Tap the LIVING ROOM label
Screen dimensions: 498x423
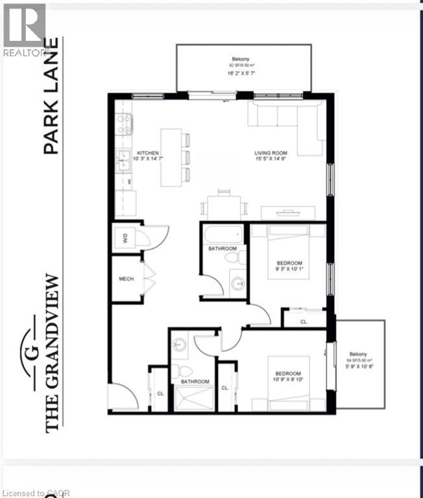tap(270, 154)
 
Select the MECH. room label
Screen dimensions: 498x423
tap(127, 279)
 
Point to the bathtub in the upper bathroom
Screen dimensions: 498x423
tap(222, 233)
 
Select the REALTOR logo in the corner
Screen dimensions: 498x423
tap(24, 29)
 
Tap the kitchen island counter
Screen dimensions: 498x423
tap(171, 156)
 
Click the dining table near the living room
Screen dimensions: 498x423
tap(224, 207)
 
